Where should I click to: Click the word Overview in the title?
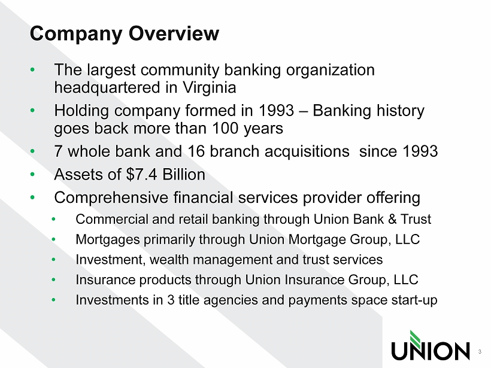click(x=174, y=33)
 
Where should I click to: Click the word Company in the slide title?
click(x=76, y=34)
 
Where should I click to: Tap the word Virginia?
click(x=209, y=87)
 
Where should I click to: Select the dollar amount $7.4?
click(x=141, y=174)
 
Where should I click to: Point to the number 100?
click(x=226, y=128)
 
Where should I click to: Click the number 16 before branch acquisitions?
click(x=196, y=151)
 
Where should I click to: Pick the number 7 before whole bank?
click(x=58, y=151)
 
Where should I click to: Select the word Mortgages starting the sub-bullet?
click(x=108, y=240)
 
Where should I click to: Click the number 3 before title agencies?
click(x=171, y=300)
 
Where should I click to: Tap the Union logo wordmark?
click(x=431, y=351)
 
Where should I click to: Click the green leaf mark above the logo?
click(x=416, y=337)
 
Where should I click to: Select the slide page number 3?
click(x=480, y=352)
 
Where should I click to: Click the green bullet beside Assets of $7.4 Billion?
click(x=32, y=174)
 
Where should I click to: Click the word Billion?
click(x=184, y=174)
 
